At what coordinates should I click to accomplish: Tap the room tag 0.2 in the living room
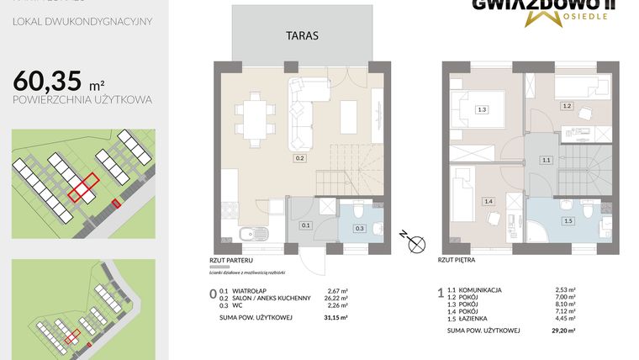click(298, 157)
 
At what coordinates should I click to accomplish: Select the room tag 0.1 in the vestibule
click(306, 225)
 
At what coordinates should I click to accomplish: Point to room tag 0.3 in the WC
click(359, 228)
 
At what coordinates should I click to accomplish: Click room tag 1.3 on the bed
click(481, 109)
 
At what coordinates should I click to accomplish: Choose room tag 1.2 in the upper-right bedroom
click(567, 106)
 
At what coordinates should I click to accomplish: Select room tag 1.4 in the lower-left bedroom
click(488, 202)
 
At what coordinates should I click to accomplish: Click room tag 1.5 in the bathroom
click(568, 220)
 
